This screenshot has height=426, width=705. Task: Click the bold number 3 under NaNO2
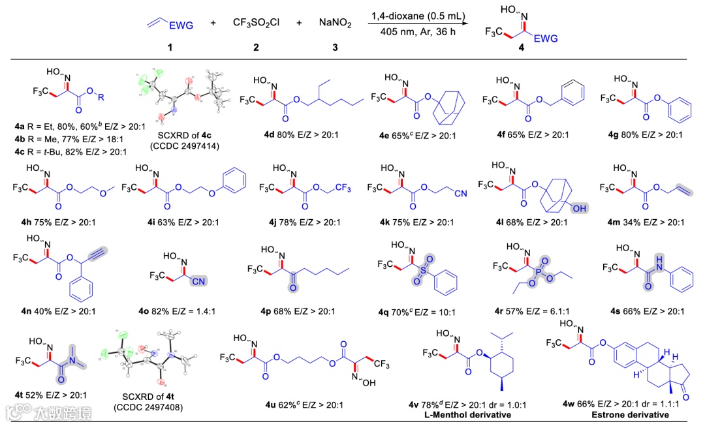point(336,48)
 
